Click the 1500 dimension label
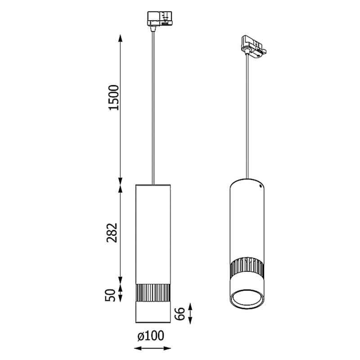114,98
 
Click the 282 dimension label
112,233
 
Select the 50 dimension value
110,295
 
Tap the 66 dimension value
180,314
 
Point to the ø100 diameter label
151,336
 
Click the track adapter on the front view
160,19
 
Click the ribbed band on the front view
153,293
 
